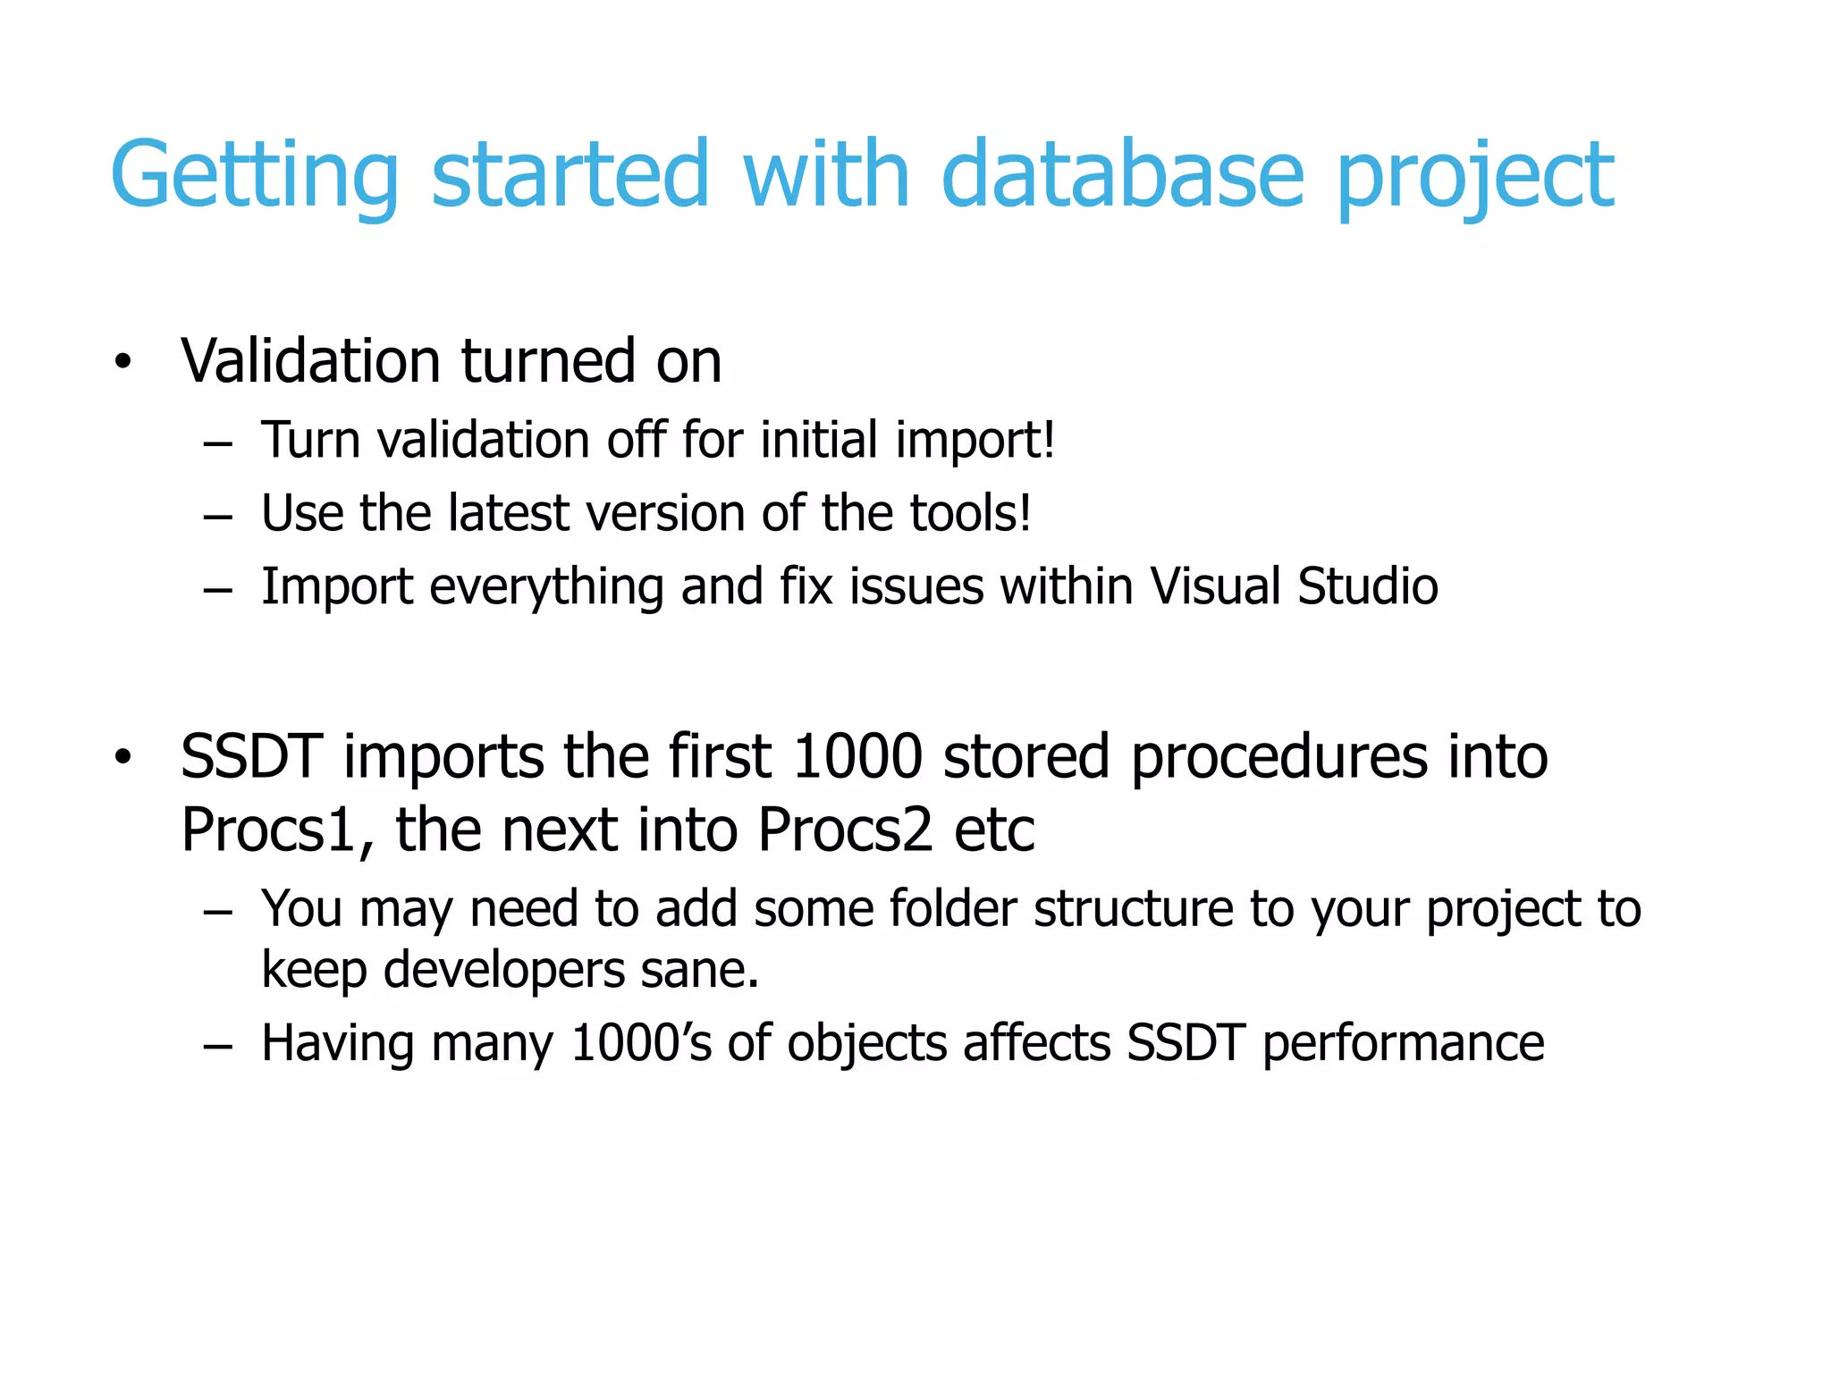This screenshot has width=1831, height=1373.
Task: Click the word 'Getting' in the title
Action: click(254, 176)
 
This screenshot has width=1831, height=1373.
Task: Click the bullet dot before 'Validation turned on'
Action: click(123, 362)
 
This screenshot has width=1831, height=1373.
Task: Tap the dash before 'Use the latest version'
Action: click(217, 517)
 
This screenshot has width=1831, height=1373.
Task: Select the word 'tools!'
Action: click(971, 514)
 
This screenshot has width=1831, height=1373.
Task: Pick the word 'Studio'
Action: click(1368, 586)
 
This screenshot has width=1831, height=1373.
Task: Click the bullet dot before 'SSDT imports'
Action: click(123, 758)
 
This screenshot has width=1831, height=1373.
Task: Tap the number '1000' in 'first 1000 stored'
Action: click(857, 757)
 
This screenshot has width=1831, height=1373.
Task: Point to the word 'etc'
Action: click(994, 830)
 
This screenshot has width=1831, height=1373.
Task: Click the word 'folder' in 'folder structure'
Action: click(953, 909)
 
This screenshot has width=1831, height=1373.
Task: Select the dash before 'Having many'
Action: click(217, 1045)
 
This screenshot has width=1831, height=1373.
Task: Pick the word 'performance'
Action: click(1403, 1044)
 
